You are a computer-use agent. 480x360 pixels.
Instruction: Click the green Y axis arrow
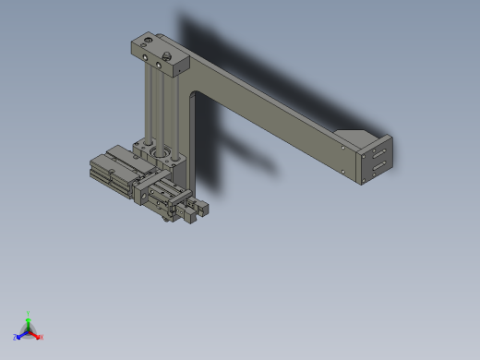click(28, 318)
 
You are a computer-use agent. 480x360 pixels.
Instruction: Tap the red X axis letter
click(42, 337)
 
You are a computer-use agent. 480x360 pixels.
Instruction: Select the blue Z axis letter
click(16, 338)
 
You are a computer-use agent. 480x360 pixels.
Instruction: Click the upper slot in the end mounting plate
click(378, 151)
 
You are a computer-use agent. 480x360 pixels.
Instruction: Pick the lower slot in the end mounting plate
click(378, 165)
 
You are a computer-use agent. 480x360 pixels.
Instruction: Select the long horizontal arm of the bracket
click(277, 115)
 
